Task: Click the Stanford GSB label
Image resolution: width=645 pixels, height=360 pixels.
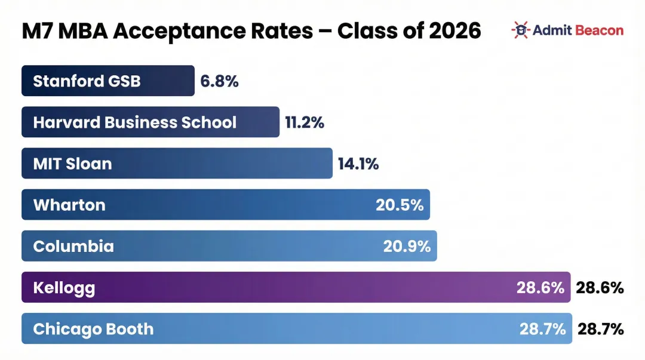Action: (87, 81)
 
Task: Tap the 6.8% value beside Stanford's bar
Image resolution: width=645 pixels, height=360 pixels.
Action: (219, 81)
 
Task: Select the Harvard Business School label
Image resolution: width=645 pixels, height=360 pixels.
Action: (134, 122)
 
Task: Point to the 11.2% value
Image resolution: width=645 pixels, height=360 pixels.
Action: (305, 122)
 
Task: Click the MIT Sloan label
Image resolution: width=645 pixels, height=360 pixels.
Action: (72, 164)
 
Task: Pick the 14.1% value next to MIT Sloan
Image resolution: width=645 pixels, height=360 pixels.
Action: (358, 164)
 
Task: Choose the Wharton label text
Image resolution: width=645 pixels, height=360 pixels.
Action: (69, 205)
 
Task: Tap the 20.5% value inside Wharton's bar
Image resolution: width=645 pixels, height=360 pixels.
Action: (400, 205)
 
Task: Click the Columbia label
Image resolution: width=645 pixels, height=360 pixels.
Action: (73, 246)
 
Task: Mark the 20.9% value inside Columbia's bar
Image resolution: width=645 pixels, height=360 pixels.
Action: (407, 246)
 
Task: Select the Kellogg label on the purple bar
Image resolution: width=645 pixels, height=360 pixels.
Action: (64, 288)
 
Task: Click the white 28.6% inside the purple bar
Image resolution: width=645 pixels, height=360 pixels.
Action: (540, 288)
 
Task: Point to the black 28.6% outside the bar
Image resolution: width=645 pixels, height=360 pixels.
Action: (600, 288)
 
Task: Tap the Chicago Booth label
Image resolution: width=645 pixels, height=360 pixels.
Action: (93, 329)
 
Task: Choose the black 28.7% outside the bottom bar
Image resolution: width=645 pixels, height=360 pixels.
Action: (600, 329)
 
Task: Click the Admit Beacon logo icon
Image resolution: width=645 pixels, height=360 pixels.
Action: (520, 30)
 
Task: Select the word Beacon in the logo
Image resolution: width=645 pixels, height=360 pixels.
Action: (600, 30)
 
